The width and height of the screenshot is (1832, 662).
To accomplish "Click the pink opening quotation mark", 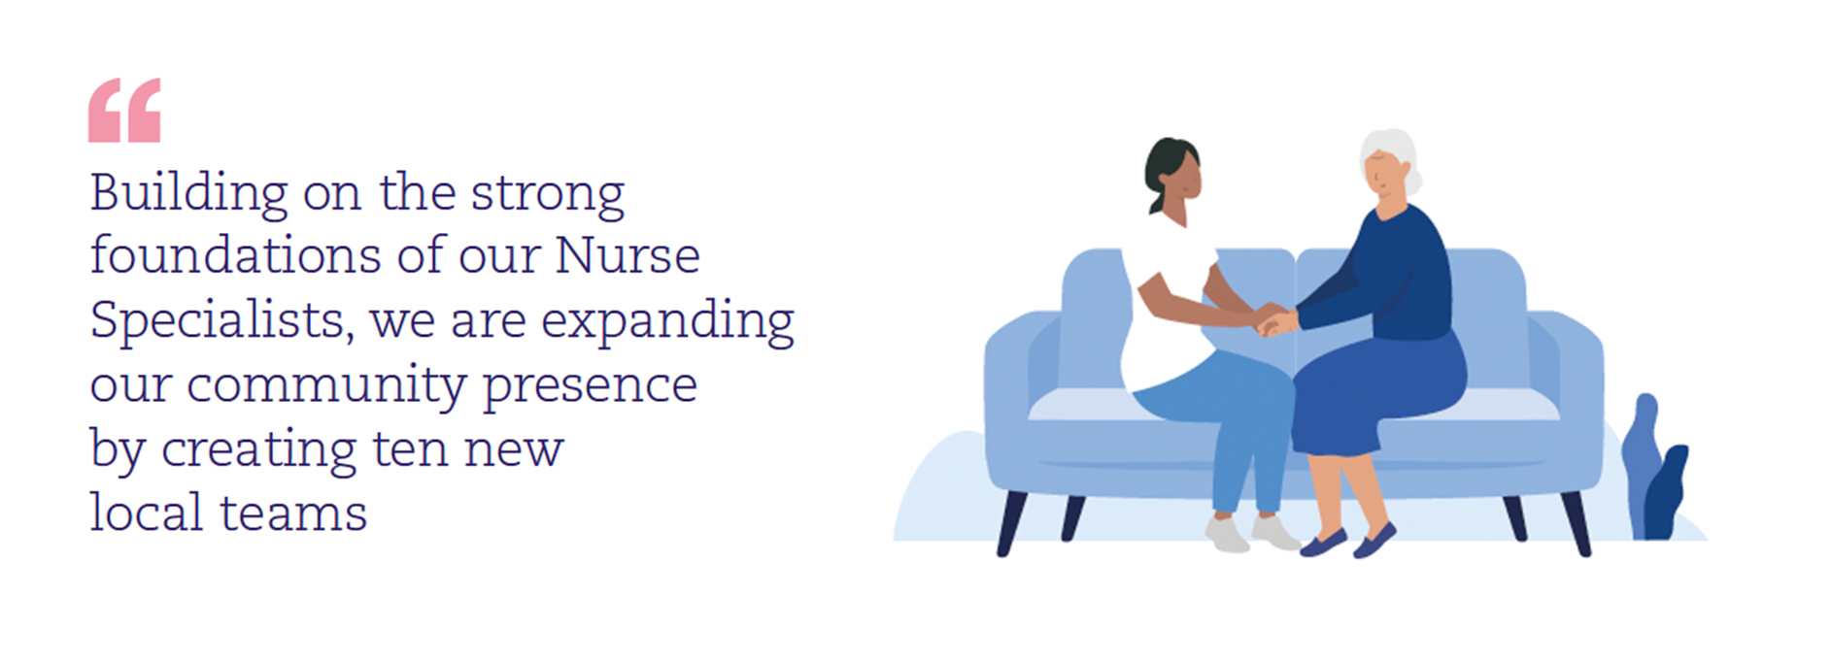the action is [124, 111].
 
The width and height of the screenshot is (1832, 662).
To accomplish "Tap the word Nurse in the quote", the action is [628, 255].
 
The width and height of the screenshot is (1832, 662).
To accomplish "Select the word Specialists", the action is [221, 320].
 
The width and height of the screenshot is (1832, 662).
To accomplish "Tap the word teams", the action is [293, 513].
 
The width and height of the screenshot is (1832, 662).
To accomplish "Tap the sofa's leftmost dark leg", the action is [1010, 523].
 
